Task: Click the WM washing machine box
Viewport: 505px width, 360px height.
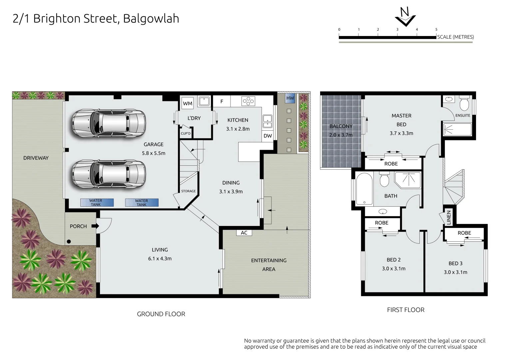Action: click(188, 103)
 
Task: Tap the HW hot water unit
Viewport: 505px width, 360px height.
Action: click(290, 98)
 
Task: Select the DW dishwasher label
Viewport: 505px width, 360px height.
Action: click(268, 136)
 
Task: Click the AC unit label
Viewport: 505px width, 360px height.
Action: click(244, 233)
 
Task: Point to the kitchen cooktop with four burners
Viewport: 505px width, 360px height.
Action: click(248, 101)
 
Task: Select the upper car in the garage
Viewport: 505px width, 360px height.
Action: click(109, 123)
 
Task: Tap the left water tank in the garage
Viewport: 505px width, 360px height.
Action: click(97, 203)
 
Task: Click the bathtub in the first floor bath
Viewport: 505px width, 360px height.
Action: click(364, 189)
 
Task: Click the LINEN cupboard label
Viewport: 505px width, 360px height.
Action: click(449, 218)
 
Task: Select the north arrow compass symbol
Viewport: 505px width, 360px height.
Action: click(405, 17)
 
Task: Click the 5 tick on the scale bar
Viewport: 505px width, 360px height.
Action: click(436, 30)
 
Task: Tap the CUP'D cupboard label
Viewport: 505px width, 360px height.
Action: click(186, 134)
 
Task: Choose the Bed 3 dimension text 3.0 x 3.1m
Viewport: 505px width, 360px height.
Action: click(455, 272)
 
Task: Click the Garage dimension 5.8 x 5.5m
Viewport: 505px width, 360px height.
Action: click(154, 153)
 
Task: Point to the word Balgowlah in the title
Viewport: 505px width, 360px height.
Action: click(151, 19)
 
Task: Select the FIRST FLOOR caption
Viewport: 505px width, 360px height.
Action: click(405, 310)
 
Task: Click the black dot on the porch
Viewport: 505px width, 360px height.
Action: click(69, 242)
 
